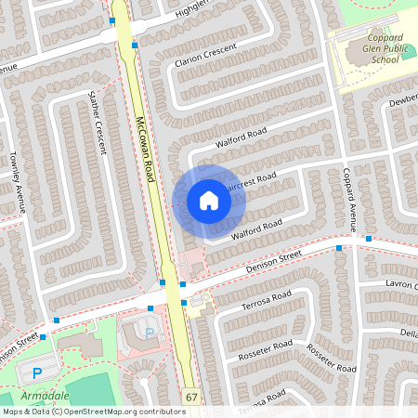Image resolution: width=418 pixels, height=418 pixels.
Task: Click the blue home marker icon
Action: [209, 201]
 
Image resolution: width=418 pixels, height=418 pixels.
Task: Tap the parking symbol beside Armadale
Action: [37, 373]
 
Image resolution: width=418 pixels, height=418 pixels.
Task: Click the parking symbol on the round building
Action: [150, 332]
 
